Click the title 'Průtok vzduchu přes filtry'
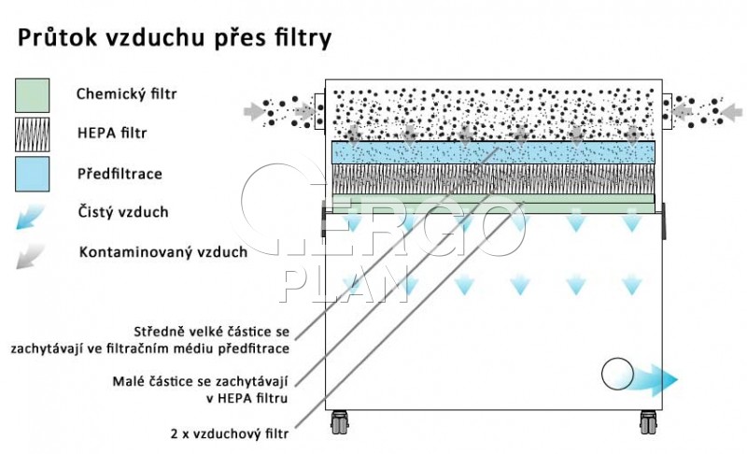pyautogui.click(x=175, y=38)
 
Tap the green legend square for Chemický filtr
pyautogui.click(x=33, y=95)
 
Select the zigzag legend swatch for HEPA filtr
pyautogui.click(x=33, y=135)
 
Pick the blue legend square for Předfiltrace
pyautogui.click(x=33, y=174)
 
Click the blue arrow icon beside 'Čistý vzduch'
pyautogui.click(x=30, y=217)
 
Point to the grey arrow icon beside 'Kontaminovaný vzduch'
pyautogui.click(x=30, y=256)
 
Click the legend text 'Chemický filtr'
pyautogui.click(x=126, y=93)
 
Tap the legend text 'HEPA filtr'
pyautogui.click(x=112, y=133)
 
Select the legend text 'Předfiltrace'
pyautogui.click(x=120, y=174)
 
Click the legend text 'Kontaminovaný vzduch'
pyautogui.click(x=162, y=251)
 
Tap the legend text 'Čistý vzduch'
pyautogui.click(x=123, y=211)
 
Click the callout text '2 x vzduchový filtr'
pyautogui.click(x=230, y=433)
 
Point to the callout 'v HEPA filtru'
pyautogui.click(x=247, y=398)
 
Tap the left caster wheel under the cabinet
pyautogui.click(x=339, y=422)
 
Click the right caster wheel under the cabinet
pyautogui.click(x=648, y=422)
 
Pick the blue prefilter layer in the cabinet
pyautogui.click(x=493, y=152)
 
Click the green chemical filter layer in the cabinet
pyautogui.click(x=493, y=203)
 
